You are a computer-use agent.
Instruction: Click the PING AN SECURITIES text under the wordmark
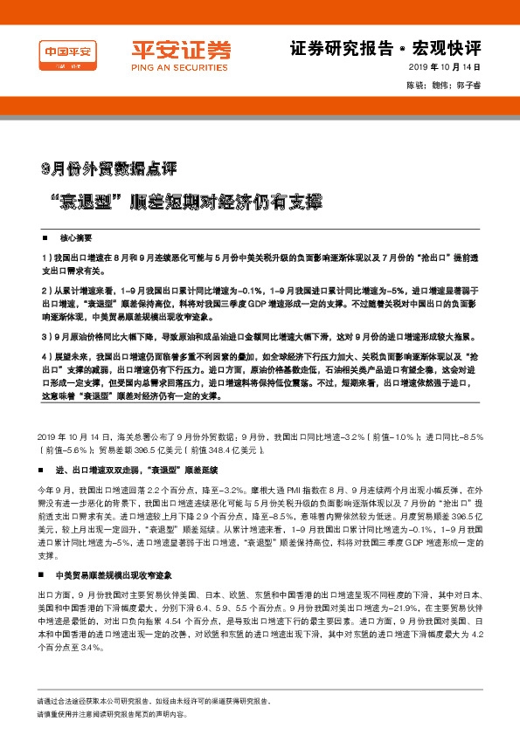[x=170, y=66]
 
